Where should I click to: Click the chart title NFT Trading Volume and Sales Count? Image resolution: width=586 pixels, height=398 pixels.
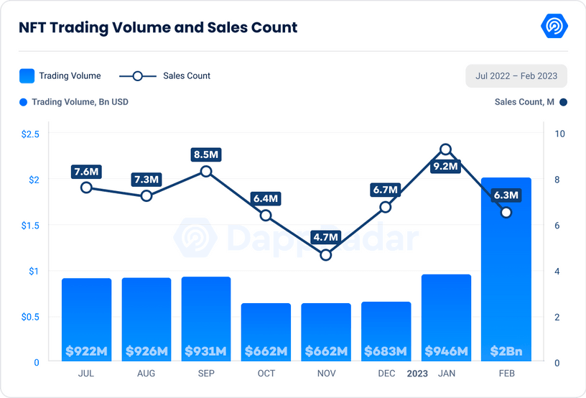click(157, 28)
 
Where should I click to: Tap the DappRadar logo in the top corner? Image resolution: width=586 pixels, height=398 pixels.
click(554, 27)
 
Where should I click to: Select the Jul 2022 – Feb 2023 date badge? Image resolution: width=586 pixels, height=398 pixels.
click(516, 75)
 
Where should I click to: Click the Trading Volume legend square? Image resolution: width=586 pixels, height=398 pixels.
click(27, 75)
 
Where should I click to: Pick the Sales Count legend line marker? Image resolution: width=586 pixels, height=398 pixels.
click(138, 75)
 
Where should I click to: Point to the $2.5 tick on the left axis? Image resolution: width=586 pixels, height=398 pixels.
click(30, 134)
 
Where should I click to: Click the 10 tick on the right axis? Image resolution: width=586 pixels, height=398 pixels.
click(560, 134)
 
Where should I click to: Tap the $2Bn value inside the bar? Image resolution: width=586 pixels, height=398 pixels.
click(506, 351)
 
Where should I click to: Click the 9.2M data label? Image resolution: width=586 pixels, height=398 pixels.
click(445, 167)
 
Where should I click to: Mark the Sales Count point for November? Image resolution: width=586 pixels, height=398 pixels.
click(326, 254)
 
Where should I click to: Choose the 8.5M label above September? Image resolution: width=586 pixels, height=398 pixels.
click(206, 154)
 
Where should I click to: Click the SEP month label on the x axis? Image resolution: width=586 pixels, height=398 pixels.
click(206, 374)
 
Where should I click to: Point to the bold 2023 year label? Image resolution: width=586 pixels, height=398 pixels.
click(417, 374)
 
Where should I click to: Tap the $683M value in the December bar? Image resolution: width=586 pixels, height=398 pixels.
click(386, 351)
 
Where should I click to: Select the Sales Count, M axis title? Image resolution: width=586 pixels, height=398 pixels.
click(524, 102)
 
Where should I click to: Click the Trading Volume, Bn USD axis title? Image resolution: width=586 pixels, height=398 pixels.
click(80, 102)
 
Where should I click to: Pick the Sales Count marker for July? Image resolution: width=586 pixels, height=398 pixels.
click(86, 188)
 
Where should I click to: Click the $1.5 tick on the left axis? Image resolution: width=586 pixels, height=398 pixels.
click(30, 226)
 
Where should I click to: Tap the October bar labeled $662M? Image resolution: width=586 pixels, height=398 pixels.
click(266, 332)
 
